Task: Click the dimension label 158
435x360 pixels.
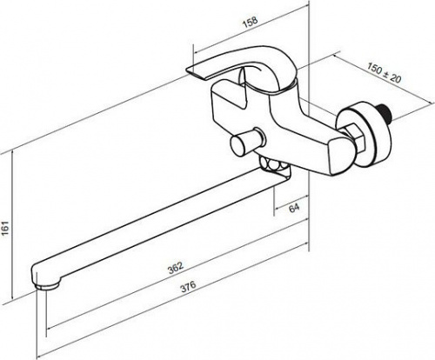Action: tap(250, 22)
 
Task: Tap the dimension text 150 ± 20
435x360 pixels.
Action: tap(384, 72)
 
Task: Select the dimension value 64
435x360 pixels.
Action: tap(294, 208)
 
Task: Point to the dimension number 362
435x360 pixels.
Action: tap(176, 268)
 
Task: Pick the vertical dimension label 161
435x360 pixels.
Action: tap(6, 229)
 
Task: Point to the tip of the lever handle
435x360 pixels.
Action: tap(186, 70)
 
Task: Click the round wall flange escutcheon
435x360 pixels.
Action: tap(366, 134)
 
